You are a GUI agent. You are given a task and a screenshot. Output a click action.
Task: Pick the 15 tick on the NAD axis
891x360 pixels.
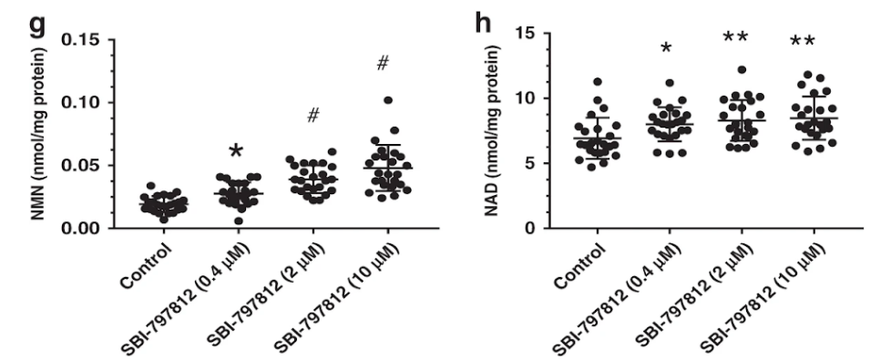(540, 34)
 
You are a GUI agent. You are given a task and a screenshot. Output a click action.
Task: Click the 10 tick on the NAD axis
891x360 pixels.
(540, 98)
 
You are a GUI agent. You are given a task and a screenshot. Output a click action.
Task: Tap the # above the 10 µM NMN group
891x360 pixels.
(383, 64)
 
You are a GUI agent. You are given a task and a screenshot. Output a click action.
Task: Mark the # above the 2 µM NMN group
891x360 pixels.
(312, 116)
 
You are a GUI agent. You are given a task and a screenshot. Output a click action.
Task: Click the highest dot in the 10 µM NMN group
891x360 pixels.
(387, 100)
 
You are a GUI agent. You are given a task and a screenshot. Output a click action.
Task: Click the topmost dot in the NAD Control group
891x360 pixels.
(598, 82)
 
